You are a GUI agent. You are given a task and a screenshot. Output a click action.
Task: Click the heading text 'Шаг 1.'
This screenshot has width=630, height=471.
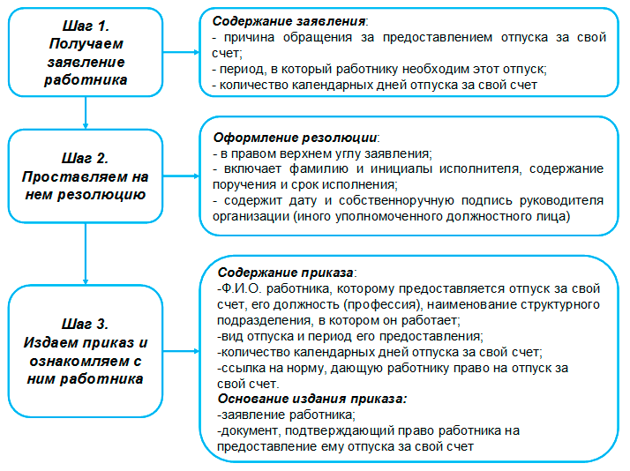coord(86,26)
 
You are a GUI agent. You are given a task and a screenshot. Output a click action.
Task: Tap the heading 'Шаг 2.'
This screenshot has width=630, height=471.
coord(86,158)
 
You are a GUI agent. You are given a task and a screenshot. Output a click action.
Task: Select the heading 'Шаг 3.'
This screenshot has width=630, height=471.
coord(86,324)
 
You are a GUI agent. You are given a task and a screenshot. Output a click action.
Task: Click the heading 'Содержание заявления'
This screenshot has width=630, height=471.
coord(289,21)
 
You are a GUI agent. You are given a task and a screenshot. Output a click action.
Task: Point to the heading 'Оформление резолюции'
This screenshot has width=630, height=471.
coord(295,138)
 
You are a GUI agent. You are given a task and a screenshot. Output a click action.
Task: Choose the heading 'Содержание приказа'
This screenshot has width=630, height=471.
coord(285,273)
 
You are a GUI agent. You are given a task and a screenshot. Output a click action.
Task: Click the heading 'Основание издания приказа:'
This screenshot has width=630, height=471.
coord(312,399)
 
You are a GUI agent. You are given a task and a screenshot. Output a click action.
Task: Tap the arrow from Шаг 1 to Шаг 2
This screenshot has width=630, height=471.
coord(86,113)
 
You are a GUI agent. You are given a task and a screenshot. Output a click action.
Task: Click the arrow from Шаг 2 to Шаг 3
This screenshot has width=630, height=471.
coord(86,254)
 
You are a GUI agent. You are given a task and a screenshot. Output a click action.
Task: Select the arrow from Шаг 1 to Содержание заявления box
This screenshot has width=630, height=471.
coord(181,52)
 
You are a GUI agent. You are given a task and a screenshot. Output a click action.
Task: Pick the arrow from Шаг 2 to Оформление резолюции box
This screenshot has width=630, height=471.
coord(181,176)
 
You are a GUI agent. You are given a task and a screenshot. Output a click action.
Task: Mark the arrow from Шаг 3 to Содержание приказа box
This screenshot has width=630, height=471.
coord(181,351)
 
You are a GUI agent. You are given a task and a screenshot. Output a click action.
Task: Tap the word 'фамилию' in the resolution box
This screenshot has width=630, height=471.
coord(319,168)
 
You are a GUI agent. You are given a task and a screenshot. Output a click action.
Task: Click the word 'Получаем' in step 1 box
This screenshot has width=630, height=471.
coord(86,43)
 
